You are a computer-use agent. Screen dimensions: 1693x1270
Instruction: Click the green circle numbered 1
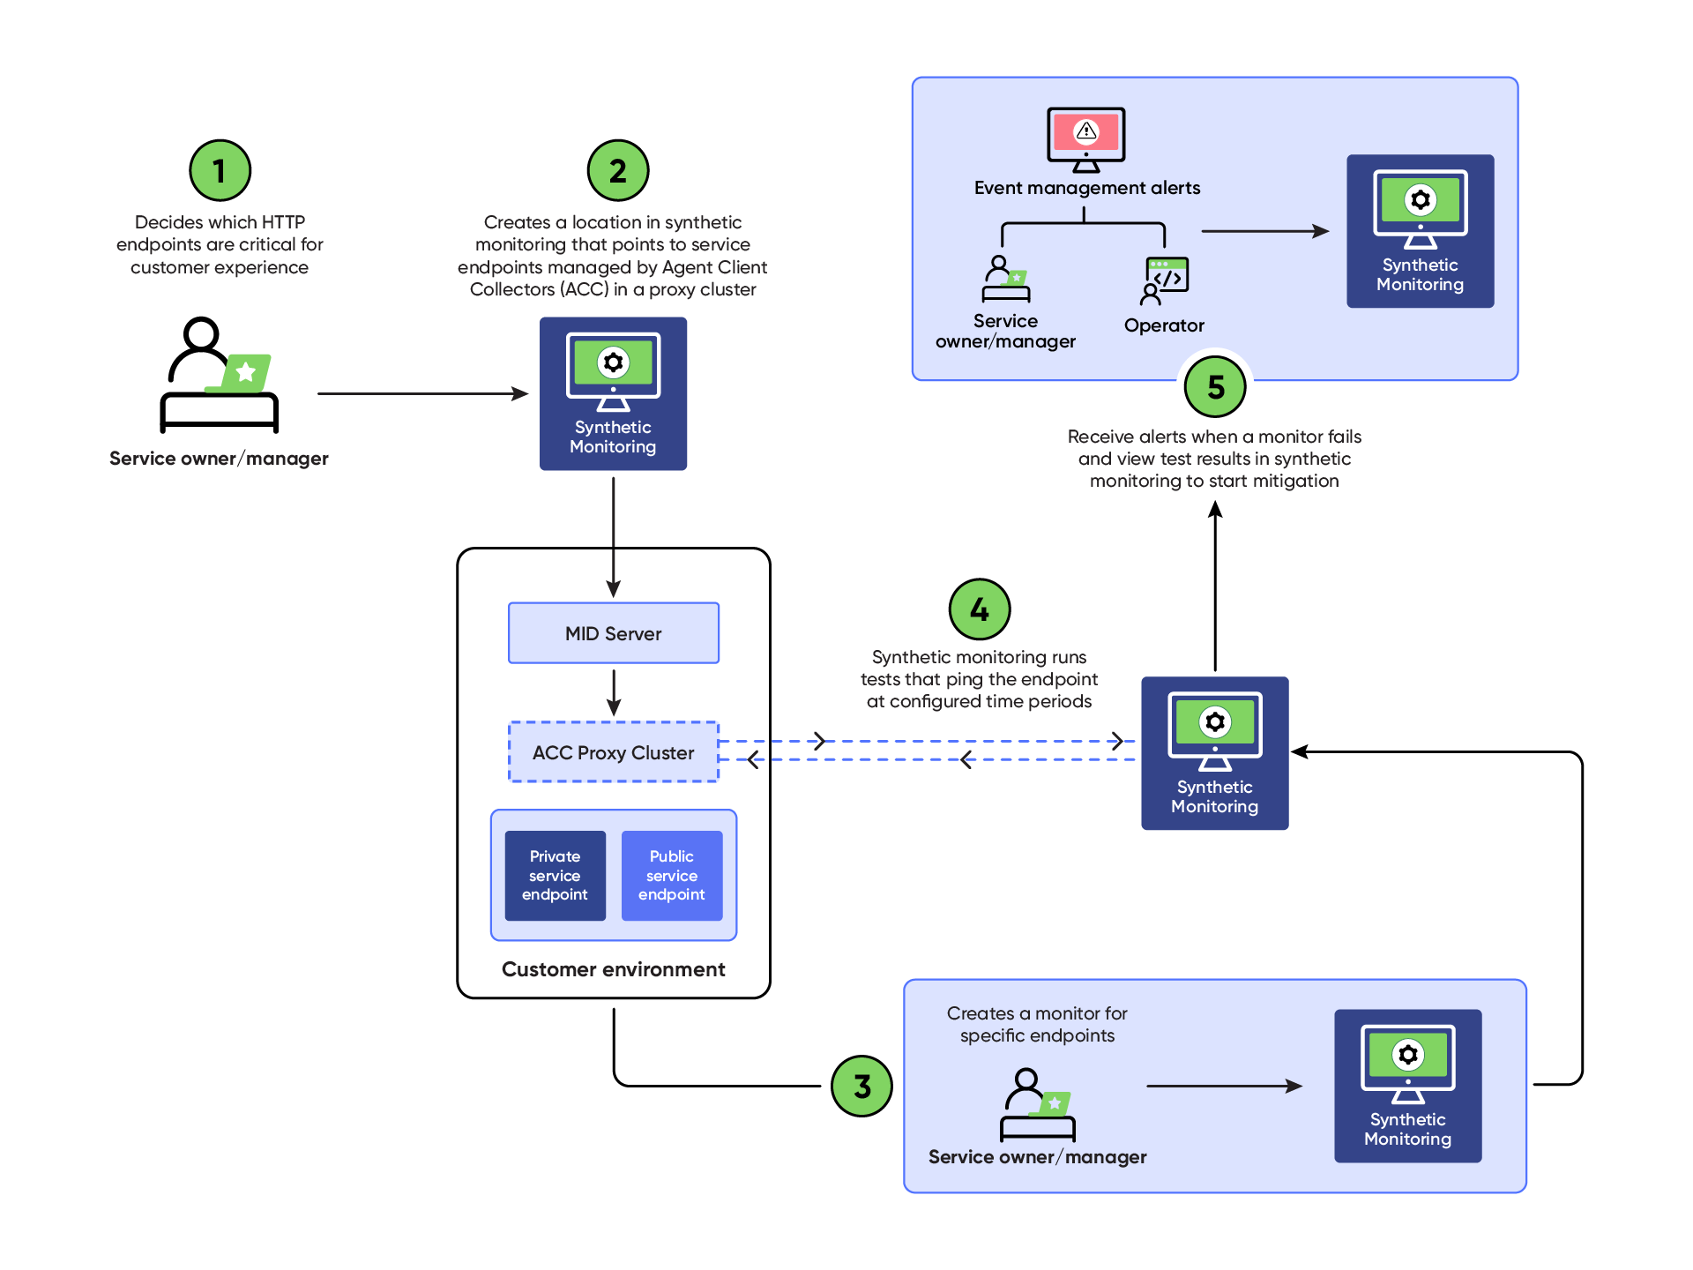point(220,170)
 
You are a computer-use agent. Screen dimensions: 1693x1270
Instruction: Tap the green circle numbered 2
point(618,170)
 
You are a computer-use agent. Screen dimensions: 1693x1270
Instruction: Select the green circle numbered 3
point(862,1086)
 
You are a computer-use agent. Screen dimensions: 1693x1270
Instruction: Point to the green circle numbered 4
point(980,609)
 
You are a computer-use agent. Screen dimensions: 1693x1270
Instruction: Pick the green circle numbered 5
point(1215,386)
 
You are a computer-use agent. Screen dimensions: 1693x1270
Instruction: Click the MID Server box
point(614,633)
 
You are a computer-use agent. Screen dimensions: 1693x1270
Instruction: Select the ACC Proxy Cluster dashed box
point(614,752)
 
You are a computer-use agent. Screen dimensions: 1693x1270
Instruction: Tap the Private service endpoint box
point(556,876)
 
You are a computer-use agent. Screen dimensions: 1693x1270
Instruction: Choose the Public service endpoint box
point(672,876)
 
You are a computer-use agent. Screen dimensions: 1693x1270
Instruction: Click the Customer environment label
point(614,969)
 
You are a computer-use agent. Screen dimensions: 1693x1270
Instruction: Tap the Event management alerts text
point(1087,188)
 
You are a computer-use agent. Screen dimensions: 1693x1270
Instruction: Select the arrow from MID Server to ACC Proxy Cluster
point(614,692)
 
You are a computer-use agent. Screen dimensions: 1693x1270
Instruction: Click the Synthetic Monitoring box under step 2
point(614,393)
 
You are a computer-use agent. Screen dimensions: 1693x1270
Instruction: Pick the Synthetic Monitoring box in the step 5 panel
point(1421,231)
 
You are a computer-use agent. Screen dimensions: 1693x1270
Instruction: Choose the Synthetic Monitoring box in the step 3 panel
point(1408,1086)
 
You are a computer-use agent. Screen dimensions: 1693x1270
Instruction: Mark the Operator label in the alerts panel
point(1164,325)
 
